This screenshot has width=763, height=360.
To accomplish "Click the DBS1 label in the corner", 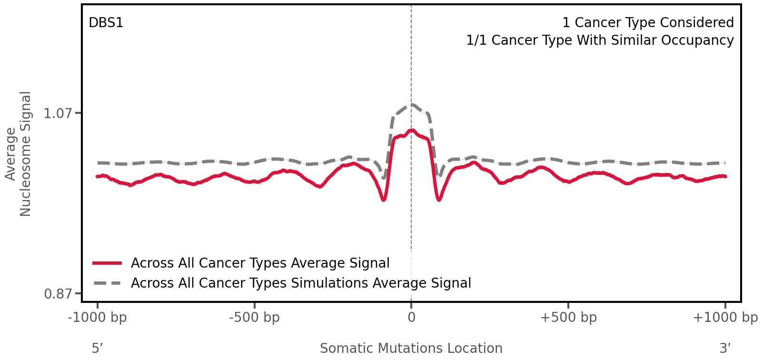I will [x=106, y=23].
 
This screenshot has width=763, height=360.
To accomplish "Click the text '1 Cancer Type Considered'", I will [x=648, y=23].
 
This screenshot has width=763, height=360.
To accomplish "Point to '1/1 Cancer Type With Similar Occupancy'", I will [x=600, y=40].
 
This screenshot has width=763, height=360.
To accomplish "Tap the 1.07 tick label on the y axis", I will [x=58, y=113].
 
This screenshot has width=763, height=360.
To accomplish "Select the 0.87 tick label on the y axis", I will [x=58, y=294].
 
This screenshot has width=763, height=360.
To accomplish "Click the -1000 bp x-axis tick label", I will [x=98, y=318].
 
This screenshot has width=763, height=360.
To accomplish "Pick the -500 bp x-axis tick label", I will [x=254, y=318].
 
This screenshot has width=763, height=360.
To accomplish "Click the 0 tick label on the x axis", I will [x=411, y=318].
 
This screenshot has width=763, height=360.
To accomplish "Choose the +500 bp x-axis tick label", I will [x=568, y=318].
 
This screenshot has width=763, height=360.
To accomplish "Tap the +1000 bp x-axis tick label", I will [x=725, y=318].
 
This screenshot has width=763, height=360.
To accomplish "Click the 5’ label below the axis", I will [x=98, y=349].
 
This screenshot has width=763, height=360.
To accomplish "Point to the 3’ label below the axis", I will [x=725, y=349].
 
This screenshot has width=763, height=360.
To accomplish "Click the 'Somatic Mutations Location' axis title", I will [x=411, y=349].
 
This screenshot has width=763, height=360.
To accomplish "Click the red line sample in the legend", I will [x=108, y=263].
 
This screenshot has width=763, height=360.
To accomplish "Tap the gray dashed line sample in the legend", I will [x=108, y=283].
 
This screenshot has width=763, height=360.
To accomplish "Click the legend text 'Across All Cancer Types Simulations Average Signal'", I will [x=301, y=283].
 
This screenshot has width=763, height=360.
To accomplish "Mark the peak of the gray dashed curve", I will [x=412, y=104].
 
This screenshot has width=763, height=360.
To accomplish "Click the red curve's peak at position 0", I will [x=412, y=130].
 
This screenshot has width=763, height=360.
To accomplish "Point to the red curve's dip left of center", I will [x=384, y=200].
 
